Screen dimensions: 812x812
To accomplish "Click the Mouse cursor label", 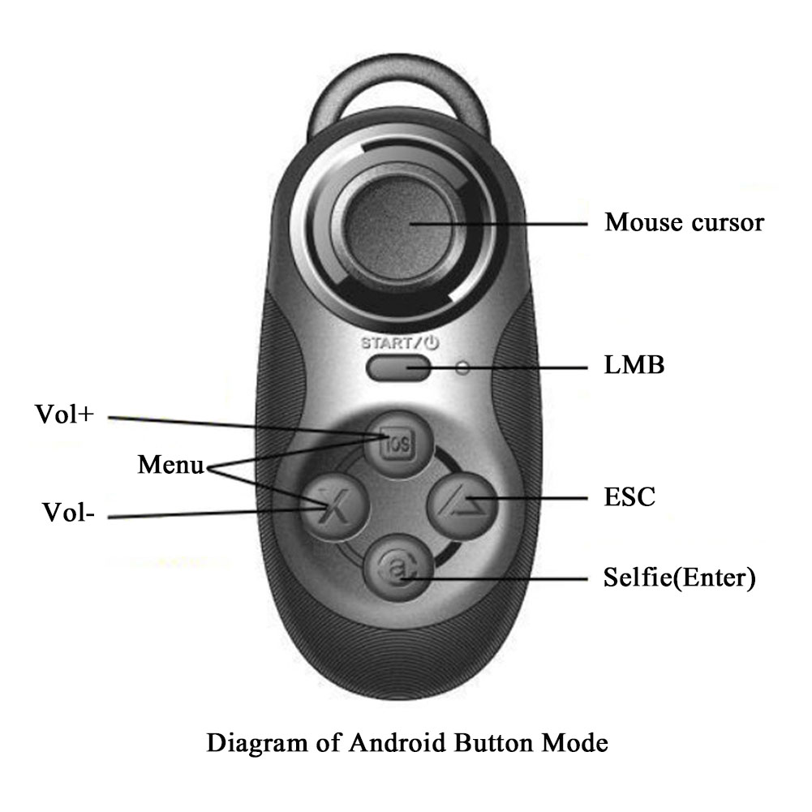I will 683,221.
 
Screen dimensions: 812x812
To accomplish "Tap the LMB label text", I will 634,365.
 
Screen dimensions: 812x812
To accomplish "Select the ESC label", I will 629,496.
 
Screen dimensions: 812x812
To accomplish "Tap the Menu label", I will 170,465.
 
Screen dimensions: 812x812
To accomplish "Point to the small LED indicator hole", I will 463,368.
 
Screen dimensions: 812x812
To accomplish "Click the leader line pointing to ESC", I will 535,497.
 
